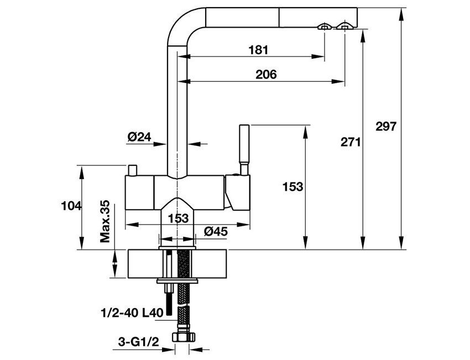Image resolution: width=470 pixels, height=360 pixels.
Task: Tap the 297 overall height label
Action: click(385, 126)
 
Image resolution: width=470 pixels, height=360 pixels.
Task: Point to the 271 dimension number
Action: click(351, 143)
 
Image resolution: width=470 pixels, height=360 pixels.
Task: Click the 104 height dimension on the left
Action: click(70, 206)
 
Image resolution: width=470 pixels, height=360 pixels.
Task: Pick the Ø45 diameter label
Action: click(216, 232)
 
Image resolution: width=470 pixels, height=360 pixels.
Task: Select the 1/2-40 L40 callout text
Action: click(132, 312)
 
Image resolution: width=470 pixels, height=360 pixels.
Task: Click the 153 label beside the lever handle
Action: click(293, 187)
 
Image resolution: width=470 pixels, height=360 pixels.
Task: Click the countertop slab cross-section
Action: click(210, 264)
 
